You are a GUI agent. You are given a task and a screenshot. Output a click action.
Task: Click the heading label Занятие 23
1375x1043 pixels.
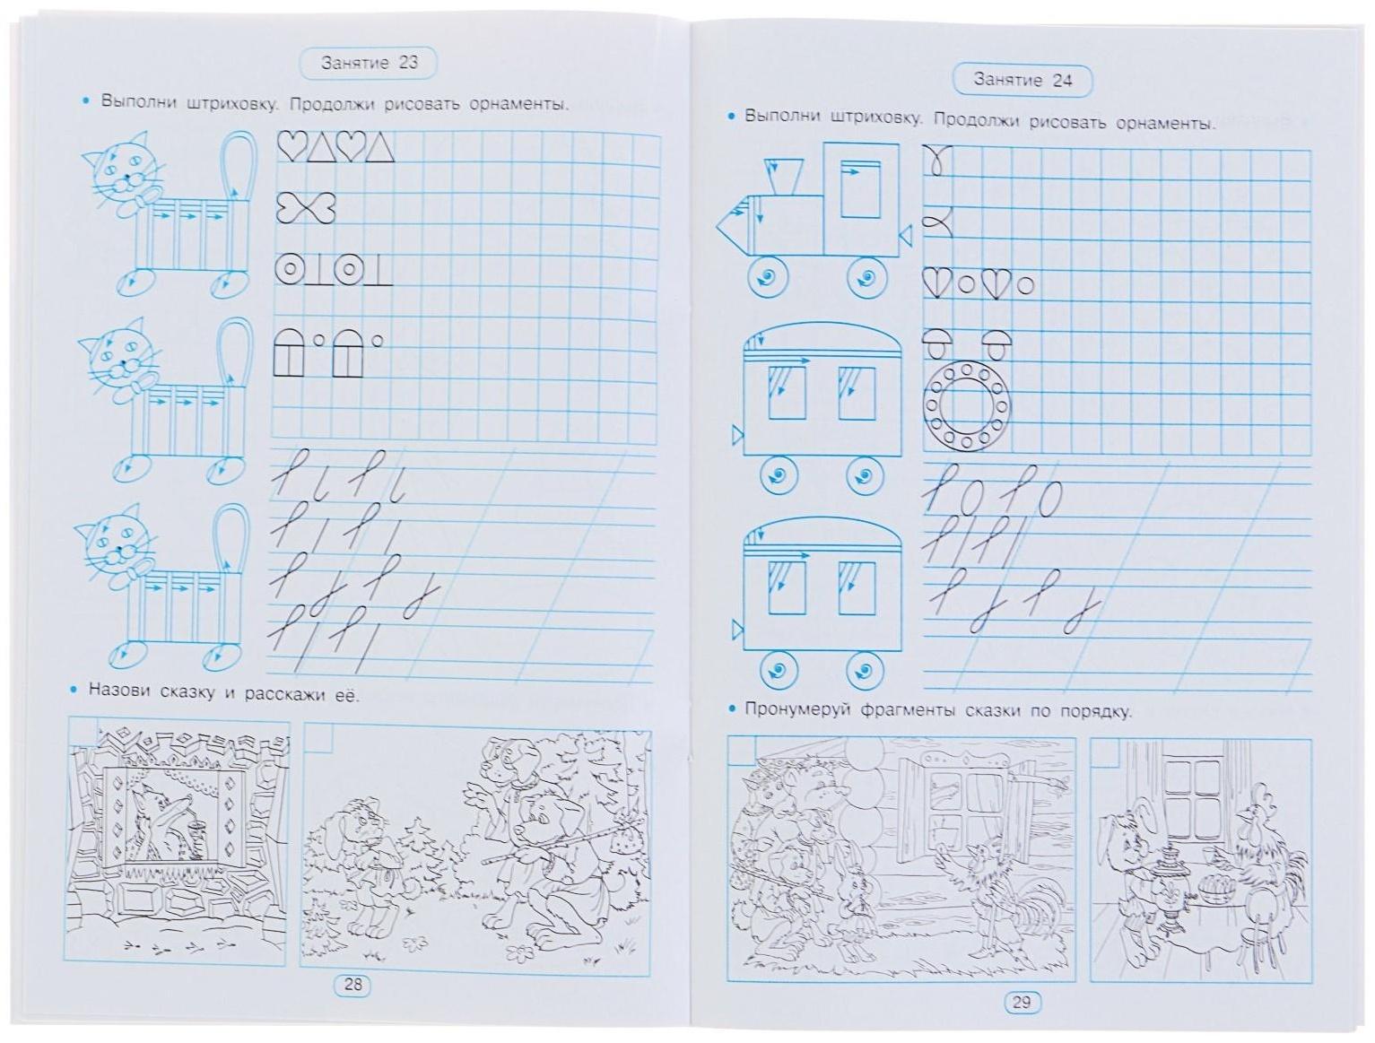click(x=369, y=63)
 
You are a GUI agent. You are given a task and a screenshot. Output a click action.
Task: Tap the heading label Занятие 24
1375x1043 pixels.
click(x=1023, y=80)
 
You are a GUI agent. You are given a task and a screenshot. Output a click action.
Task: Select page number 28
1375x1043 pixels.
click(x=353, y=985)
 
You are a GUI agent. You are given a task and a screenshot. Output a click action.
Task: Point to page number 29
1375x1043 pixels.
click(x=1022, y=1003)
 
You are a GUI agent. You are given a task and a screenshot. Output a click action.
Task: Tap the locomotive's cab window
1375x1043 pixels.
click(x=861, y=189)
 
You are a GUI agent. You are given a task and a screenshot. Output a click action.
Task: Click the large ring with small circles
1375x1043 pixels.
click(x=966, y=405)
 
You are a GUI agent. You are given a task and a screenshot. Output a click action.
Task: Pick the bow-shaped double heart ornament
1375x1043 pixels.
click(x=306, y=208)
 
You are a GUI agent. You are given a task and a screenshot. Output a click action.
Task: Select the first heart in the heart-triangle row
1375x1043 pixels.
click(x=292, y=146)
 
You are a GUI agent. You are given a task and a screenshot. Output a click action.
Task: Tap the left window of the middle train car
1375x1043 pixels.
click(x=788, y=393)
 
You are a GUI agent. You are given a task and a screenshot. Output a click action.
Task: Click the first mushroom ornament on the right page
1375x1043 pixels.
click(x=937, y=343)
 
